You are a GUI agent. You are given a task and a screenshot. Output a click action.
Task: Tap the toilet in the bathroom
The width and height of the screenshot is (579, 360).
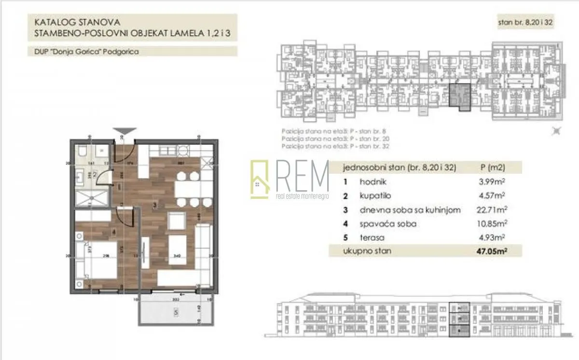(x=83, y=153)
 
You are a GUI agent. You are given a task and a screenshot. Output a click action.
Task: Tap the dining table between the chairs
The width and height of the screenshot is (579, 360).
(x=187, y=189)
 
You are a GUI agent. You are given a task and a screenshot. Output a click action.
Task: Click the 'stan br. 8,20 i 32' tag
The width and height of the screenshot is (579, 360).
(x=525, y=23)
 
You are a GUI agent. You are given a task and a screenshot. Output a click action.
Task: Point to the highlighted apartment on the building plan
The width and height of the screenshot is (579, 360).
(x=459, y=96)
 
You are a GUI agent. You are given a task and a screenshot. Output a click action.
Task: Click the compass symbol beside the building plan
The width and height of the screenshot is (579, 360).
(x=556, y=130)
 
